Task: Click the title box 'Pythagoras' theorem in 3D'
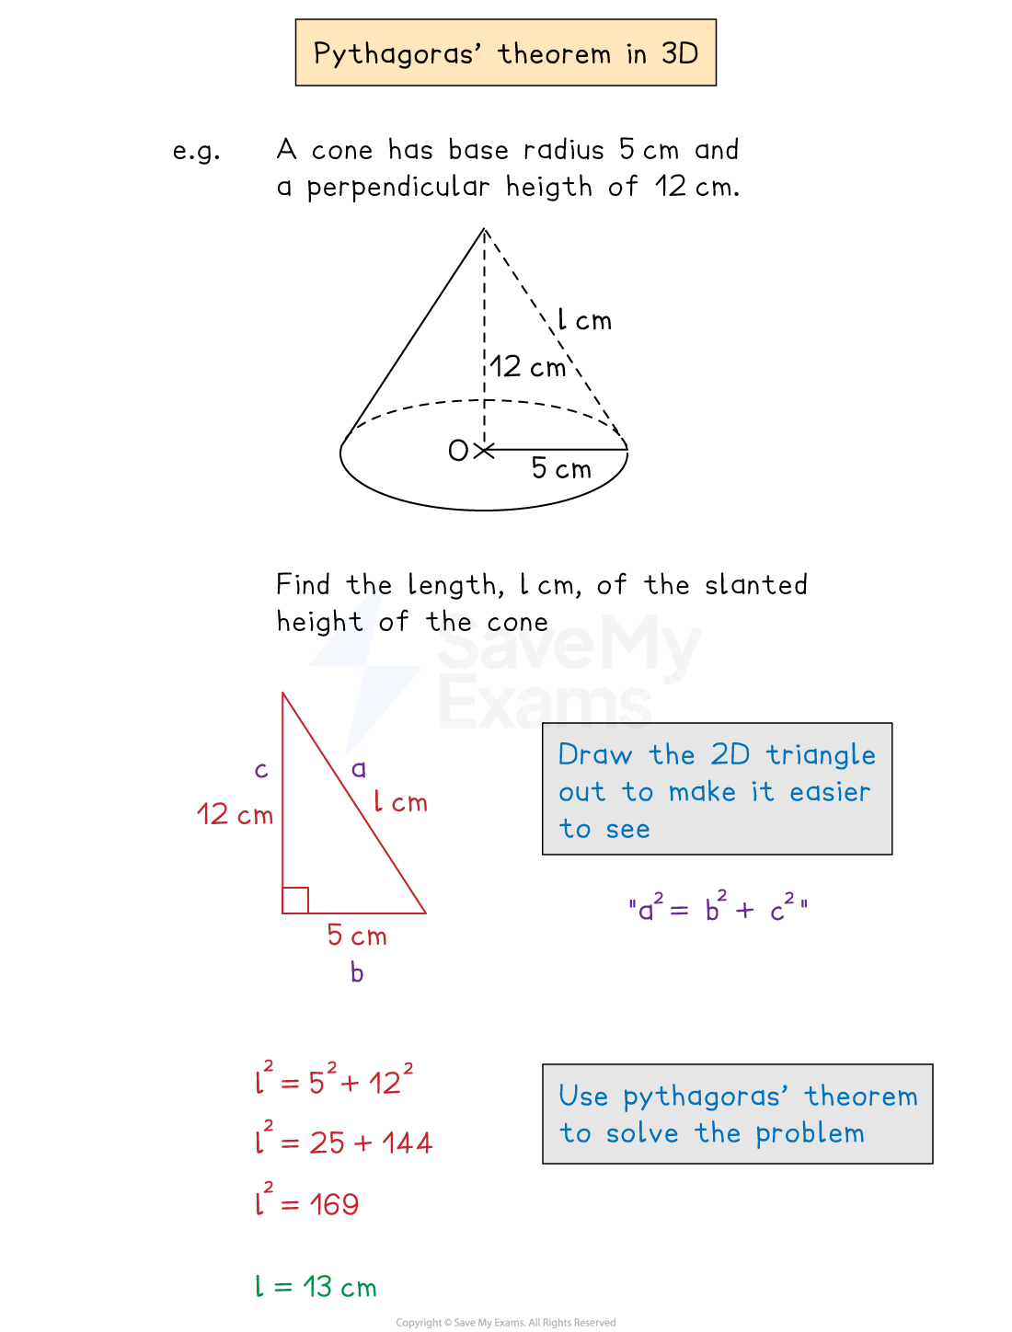click(505, 52)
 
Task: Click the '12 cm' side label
click(235, 814)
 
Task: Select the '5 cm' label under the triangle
click(357, 936)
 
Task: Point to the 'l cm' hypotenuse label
click(400, 802)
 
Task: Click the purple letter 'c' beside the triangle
click(261, 770)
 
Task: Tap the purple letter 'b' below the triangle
click(357, 972)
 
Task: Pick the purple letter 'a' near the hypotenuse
click(359, 769)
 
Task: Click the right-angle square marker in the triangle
click(295, 900)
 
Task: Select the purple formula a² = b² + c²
click(718, 908)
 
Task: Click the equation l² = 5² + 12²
click(335, 1080)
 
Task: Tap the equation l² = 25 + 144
click(344, 1141)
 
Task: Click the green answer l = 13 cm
click(316, 1286)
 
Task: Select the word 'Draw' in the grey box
click(595, 755)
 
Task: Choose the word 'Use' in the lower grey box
click(583, 1097)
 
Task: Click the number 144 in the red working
click(407, 1143)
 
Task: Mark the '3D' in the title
click(680, 53)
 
